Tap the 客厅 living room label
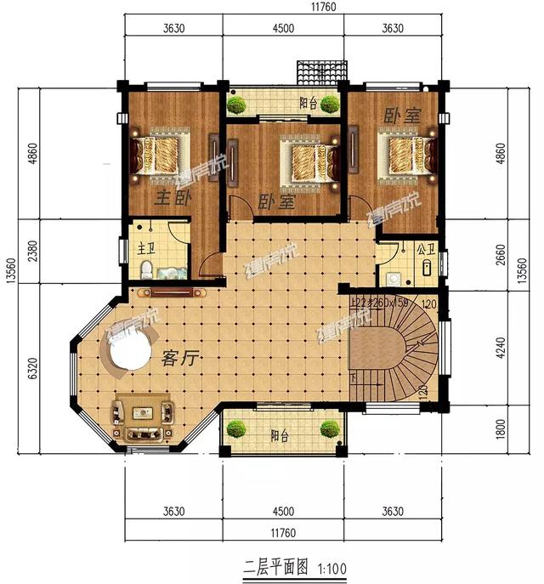point(178,358)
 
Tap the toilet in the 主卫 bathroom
point(146,270)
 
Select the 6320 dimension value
point(31,371)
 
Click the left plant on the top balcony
point(236,105)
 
